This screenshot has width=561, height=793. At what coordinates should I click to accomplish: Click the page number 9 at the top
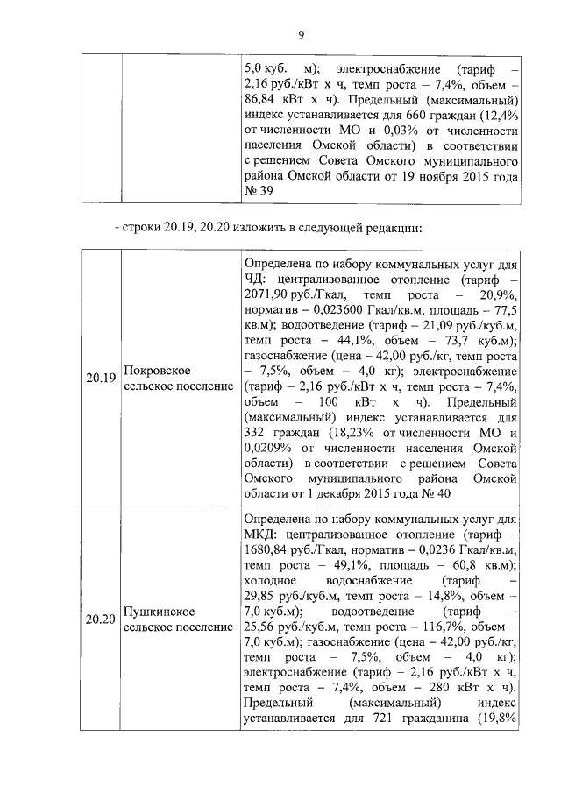click(x=299, y=34)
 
